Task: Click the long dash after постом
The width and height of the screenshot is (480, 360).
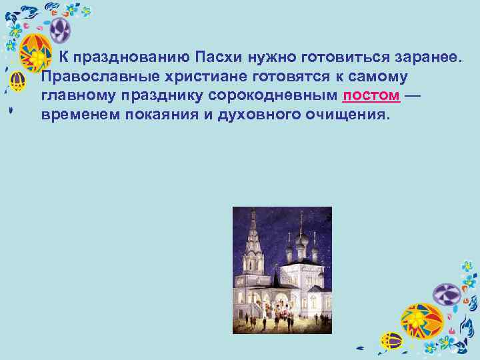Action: [413, 95]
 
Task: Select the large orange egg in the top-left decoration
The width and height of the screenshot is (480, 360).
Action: [37, 53]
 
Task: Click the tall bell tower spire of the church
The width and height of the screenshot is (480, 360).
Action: [252, 227]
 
